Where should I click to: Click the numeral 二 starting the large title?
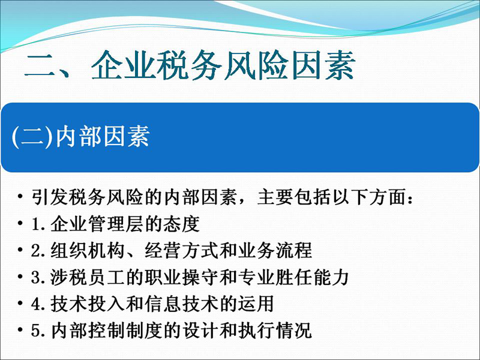(x=40, y=66)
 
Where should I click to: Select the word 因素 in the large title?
(x=323, y=65)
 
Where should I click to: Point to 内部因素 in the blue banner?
(x=103, y=137)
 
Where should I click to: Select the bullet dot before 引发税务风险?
(x=20, y=196)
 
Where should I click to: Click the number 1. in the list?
(x=38, y=224)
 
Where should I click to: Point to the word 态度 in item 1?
(x=181, y=224)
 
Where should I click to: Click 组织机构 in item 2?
(x=88, y=250)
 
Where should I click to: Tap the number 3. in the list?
(x=38, y=277)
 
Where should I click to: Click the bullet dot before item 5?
(x=20, y=330)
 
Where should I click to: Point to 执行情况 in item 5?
(x=275, y=331)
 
